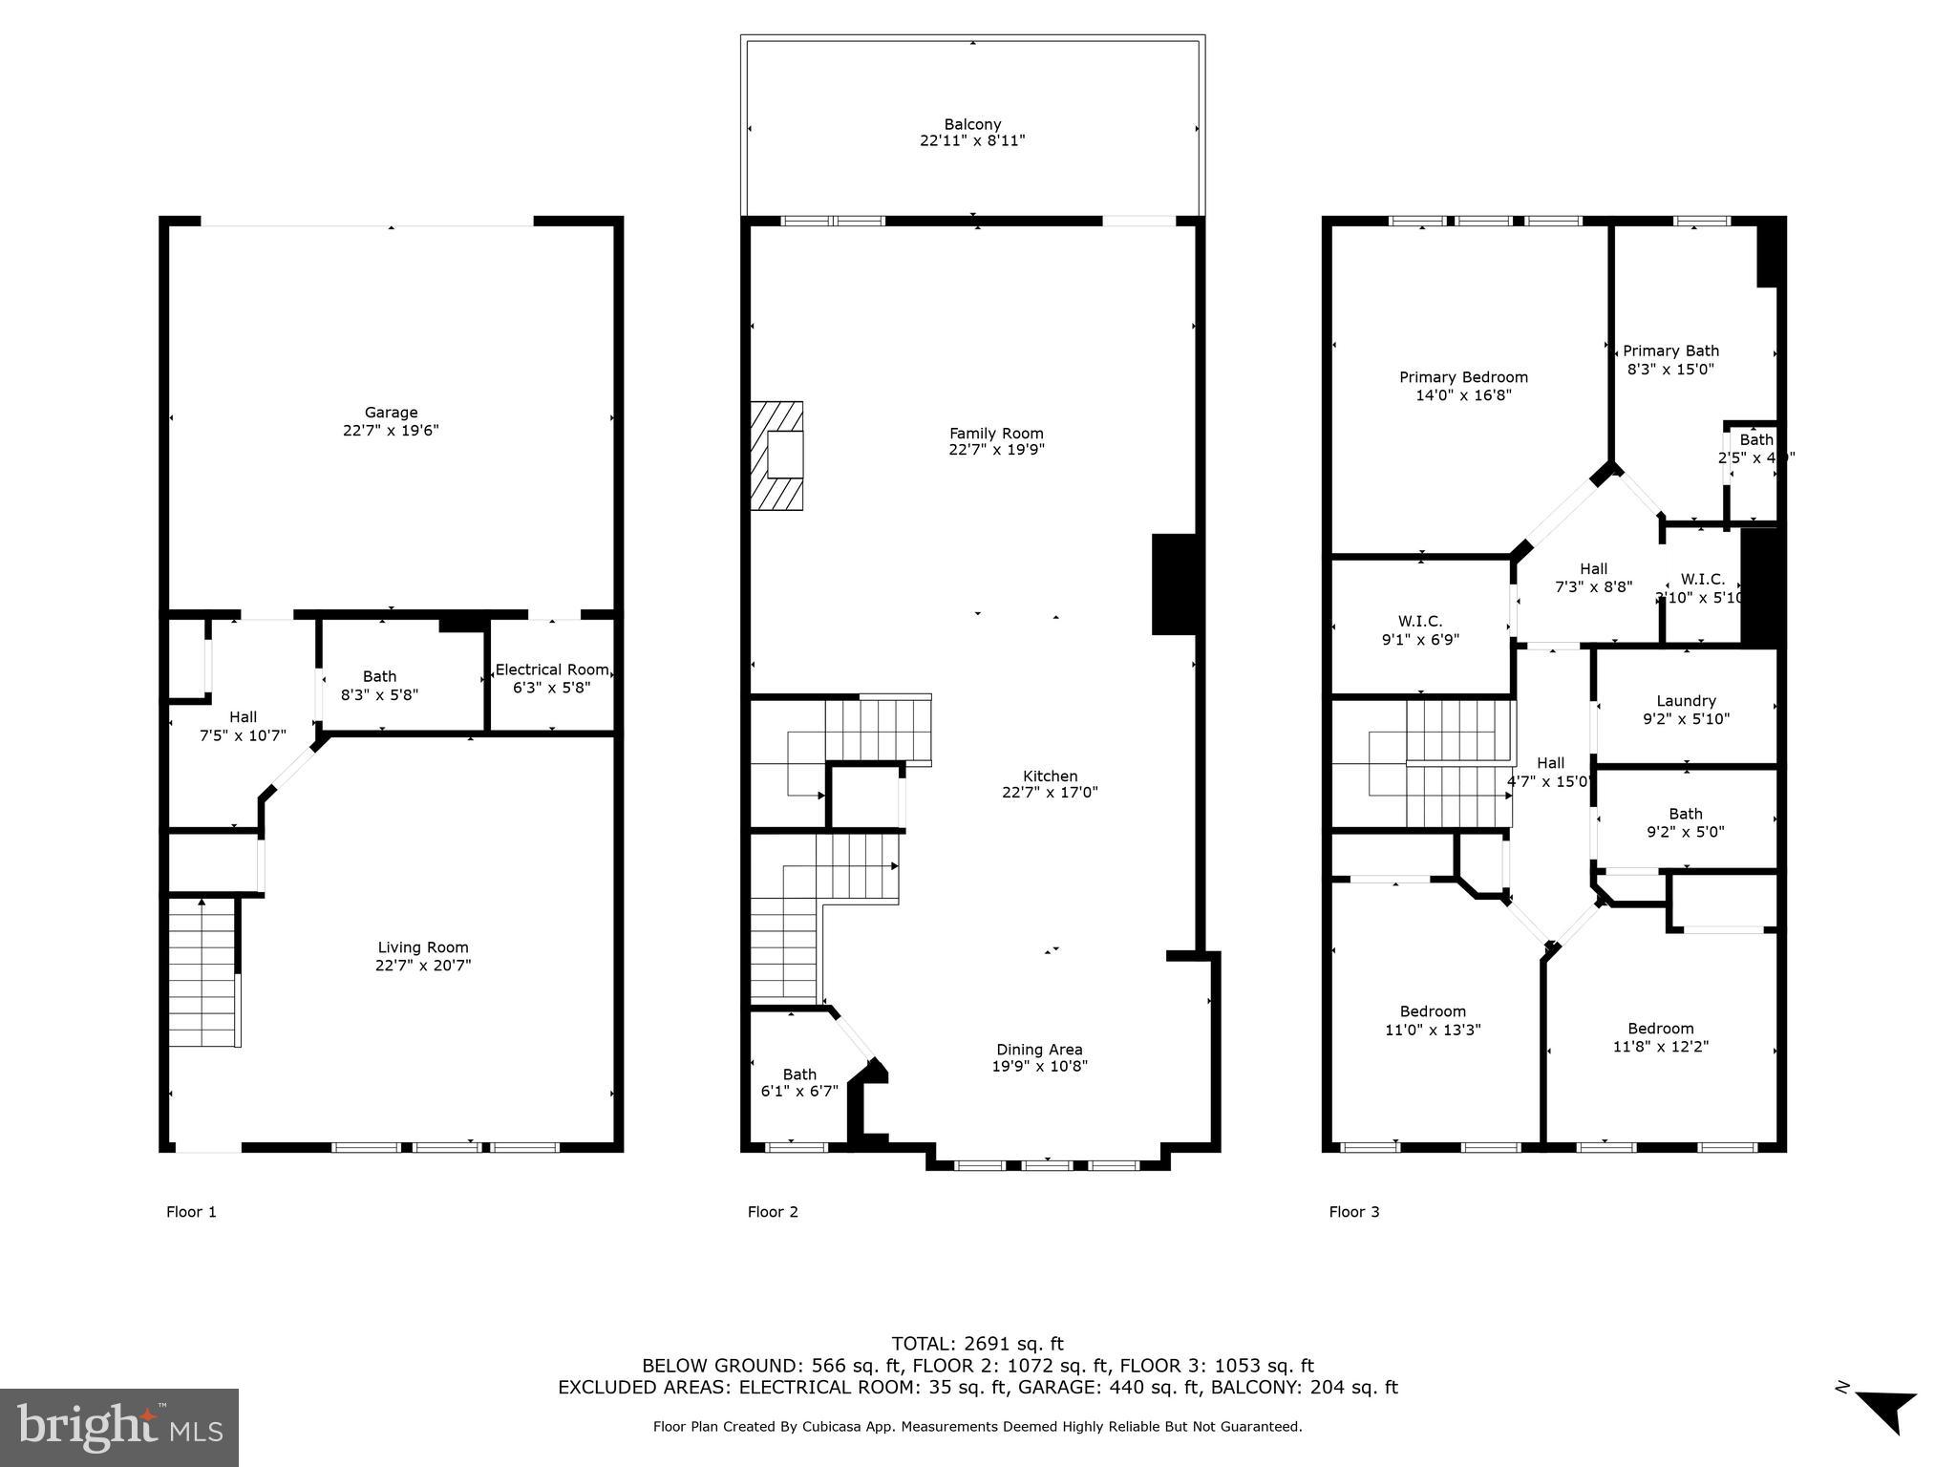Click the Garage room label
coord(391,413)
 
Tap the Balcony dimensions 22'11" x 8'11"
coord(972,140)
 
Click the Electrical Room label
coord(551,670)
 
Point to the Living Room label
coord(422,947)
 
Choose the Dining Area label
coord(1039,1050)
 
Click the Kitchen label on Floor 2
coord(1050,776)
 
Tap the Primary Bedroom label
coord(1463,377)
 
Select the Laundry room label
coord(1686,701)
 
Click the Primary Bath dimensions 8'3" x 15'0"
coord(1670,369)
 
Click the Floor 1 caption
coord(191,1212)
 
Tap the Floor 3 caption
coord(1353,1212)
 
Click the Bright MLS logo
coord(119,1428)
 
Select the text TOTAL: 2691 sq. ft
coord(977,1344)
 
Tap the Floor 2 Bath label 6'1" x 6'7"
coord(799,1082)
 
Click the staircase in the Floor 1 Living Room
coord(202,974)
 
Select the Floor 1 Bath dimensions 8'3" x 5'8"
coord(379,694)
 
